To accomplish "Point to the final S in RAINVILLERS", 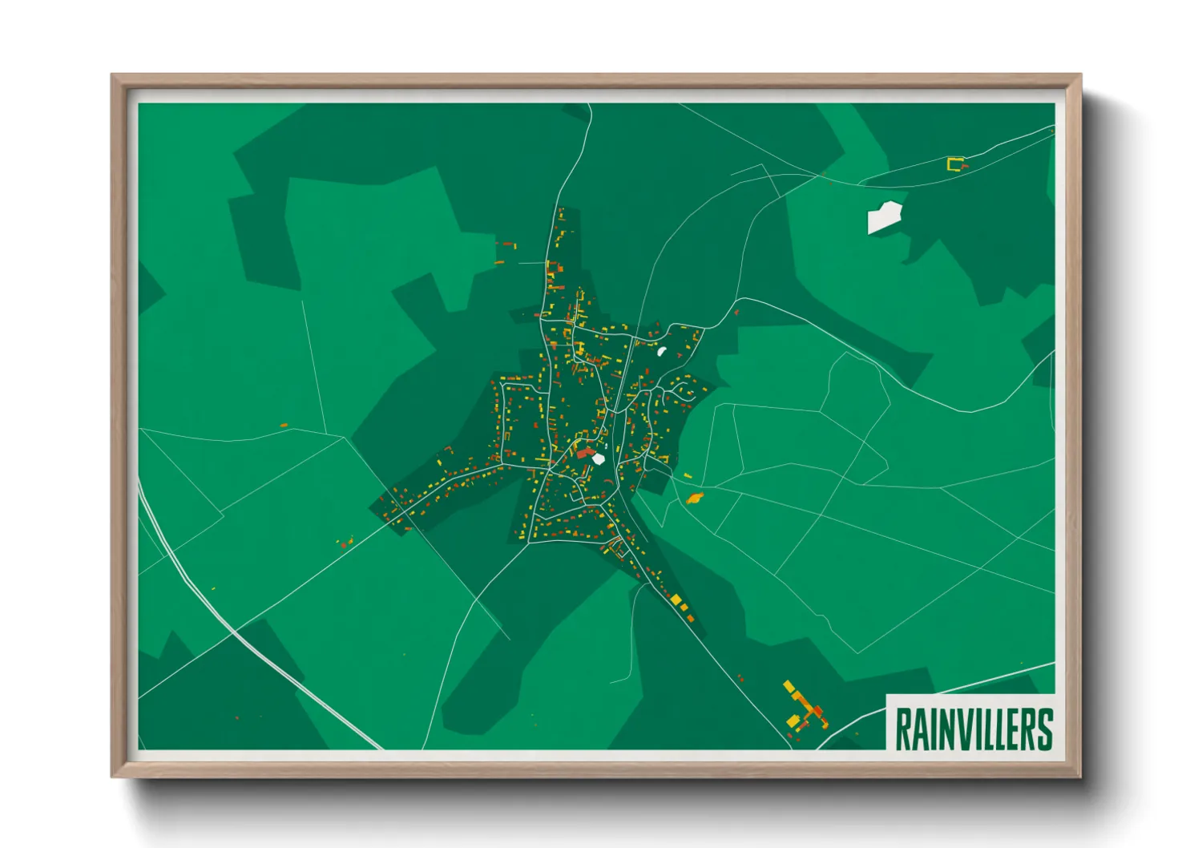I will pos(1044,729).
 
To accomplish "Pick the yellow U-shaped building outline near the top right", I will pos(954,164).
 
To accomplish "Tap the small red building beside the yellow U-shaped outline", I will pos(965,167).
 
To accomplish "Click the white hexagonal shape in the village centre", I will pos(599,459).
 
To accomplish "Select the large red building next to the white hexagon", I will pos(584,454).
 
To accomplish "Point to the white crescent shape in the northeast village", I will pos(662,350).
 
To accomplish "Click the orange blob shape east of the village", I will pos(694,499).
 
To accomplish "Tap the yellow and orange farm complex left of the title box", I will pos(805,709).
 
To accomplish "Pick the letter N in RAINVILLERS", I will pos(940,729).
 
